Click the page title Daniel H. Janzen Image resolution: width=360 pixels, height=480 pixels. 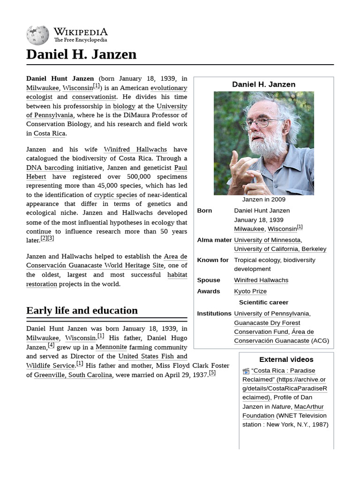[x=82, y=54]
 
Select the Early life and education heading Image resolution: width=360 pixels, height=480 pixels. [x=82, y=310]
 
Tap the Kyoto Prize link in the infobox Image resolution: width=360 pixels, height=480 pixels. [x=250, y=291]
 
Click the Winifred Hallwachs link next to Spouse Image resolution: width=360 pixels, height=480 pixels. [x=261, y=280]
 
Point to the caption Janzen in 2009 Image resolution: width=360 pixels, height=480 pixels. [x=263, y=200]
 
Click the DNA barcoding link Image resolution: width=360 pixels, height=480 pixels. [x=50, y=168]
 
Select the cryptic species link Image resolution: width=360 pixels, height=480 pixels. [x=115, y=195]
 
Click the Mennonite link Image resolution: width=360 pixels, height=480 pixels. [x=111, y=347]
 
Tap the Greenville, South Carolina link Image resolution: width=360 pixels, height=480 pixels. [x=73, y=375]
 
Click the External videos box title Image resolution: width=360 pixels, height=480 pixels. [x=286, y=360]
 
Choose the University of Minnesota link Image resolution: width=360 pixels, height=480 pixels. [x=268, y=240]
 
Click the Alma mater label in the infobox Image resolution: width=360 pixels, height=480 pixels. [x=214, y=240]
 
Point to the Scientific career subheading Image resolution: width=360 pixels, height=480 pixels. [x=263, y=302]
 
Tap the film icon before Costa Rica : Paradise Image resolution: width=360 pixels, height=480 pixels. [x=246, y=371]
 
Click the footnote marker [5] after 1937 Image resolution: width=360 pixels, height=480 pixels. [x=212, y=373]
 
